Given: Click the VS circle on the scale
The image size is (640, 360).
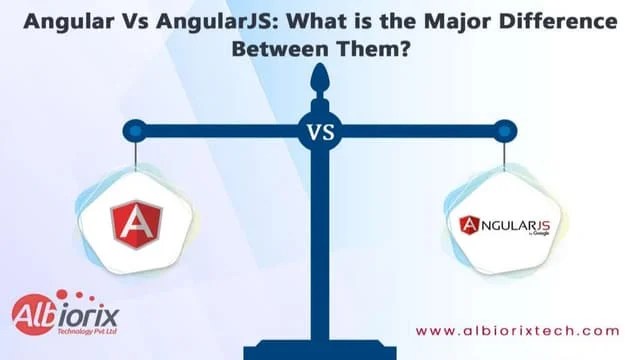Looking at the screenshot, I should [320, 130].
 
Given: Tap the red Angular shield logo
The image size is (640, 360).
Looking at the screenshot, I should [136, 224].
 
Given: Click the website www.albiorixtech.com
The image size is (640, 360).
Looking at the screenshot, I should [517, 331].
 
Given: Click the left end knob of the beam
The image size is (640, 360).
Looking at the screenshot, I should [136, 129].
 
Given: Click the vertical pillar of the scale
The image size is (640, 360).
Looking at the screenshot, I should [320, 240].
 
